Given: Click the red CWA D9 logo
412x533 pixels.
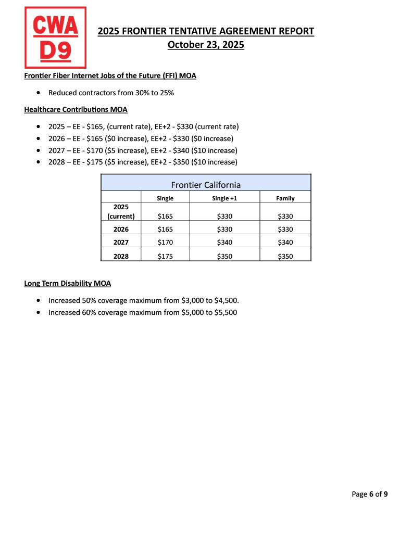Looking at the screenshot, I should [x=55, y=37].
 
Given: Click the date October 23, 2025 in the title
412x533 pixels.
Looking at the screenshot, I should [x=206, y=45].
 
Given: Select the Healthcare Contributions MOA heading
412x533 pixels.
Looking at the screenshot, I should [x=76, y=109].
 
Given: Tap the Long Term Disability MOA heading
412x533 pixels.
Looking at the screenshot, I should [x=67, y=283].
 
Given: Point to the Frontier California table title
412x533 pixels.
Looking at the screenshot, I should [x=206, y=184].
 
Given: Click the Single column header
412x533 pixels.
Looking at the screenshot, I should [x=165, y=198].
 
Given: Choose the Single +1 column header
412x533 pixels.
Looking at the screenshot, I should [x=224, y=198].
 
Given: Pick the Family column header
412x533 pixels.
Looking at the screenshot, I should [x=285, y=198].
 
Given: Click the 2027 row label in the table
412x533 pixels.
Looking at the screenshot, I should [x=121, y=242].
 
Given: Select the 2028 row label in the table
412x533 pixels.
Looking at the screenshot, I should [x=121, y=256].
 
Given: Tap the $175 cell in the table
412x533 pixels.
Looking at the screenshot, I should [x=165, y=256].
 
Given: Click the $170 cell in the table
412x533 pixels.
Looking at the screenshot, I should [x=165, y=242].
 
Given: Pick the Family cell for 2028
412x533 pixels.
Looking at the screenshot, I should [x=285, y=256].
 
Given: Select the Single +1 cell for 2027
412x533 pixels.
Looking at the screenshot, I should [x=224, y=242].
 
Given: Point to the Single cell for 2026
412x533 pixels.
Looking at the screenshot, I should [x=165, y=229].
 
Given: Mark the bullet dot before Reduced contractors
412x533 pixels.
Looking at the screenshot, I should [x=40, y=93].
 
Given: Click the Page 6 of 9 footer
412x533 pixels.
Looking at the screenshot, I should [x=369, y=494].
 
